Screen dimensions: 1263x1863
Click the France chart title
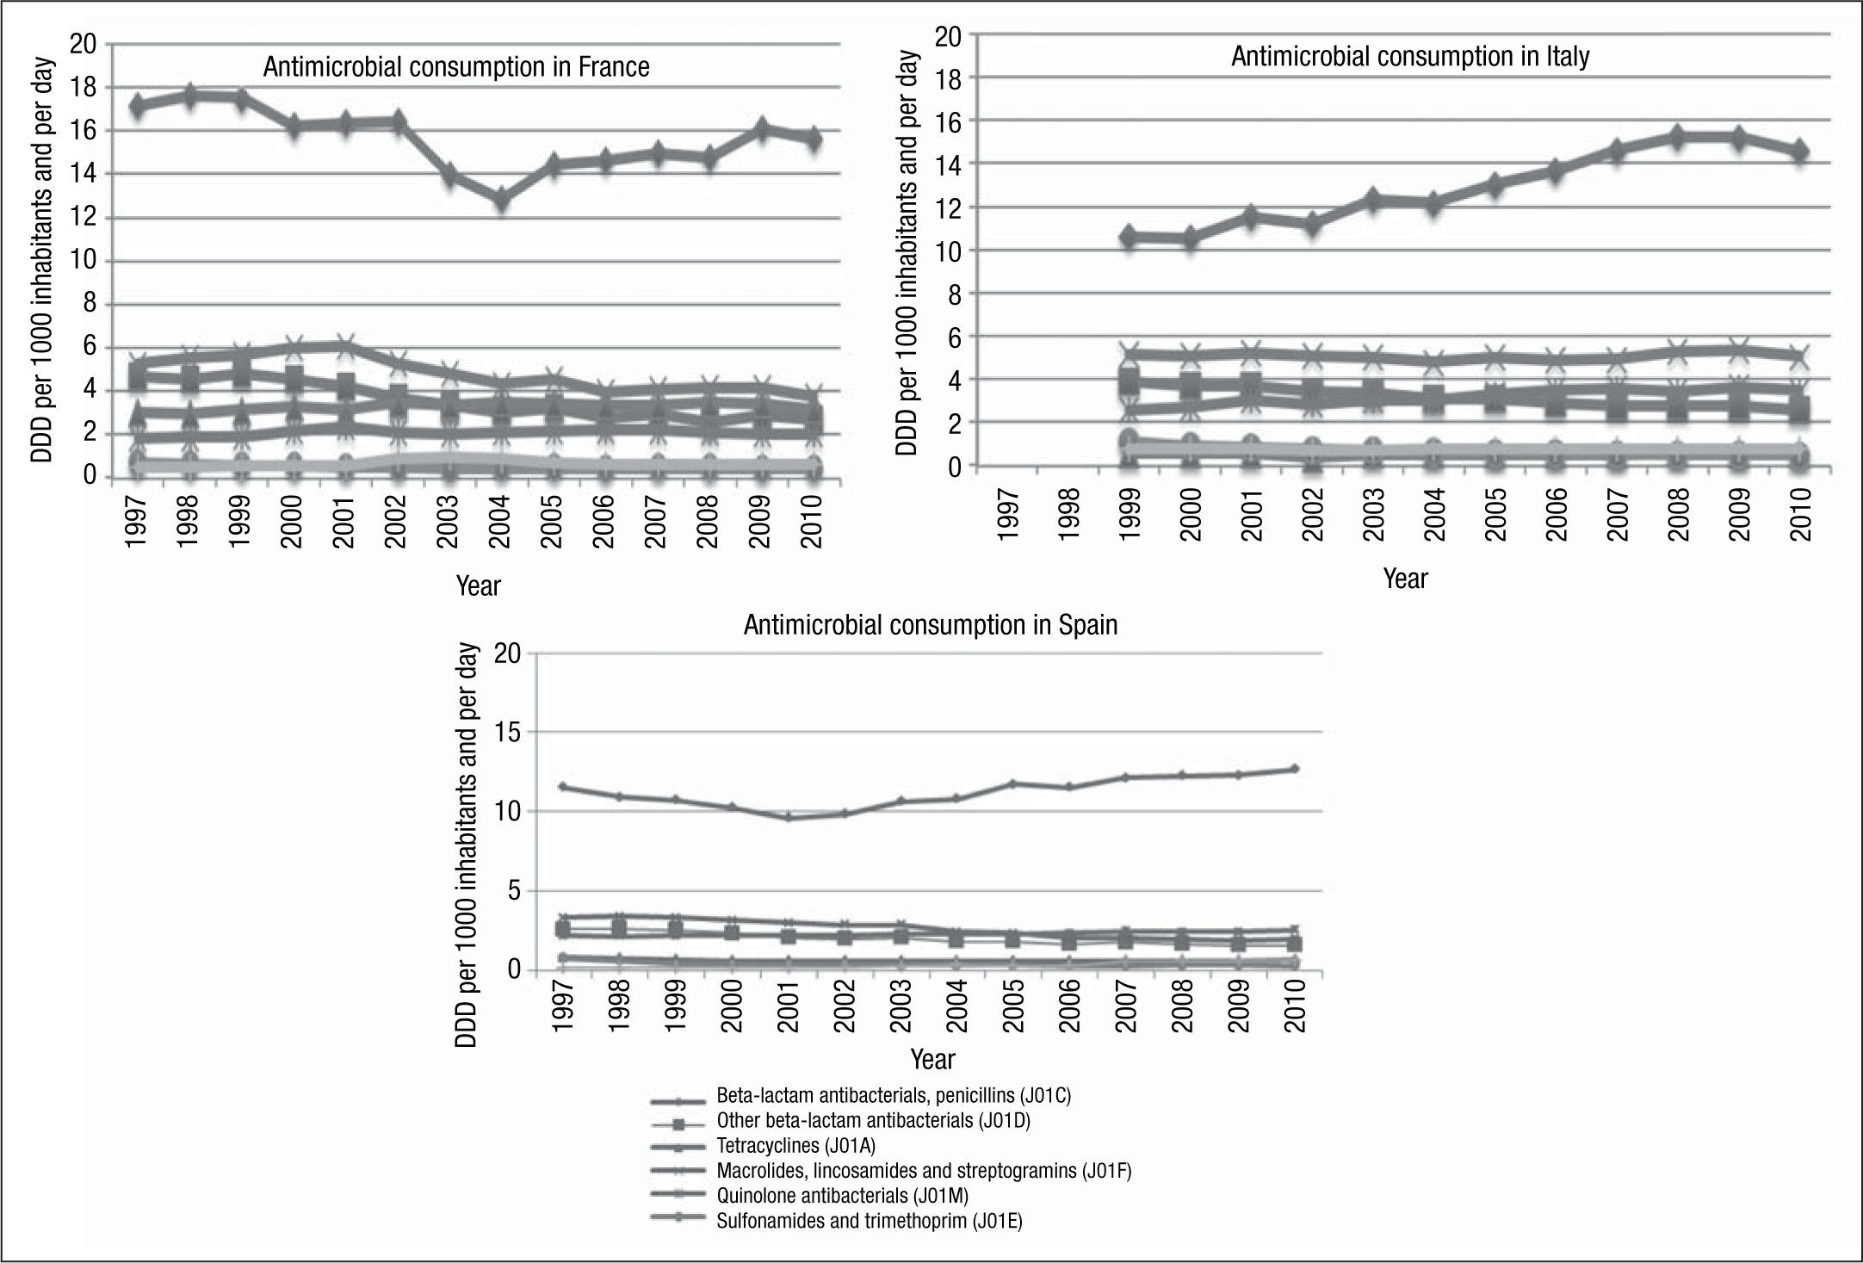pyautogui.click(x=455, y=67)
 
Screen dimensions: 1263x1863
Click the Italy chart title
pyautogui.click(x=1410, y=57)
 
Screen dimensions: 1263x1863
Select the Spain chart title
pyautogui.click(x=930, y=624)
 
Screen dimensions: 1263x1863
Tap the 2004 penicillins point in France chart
pyautogui.click(x=501, y=200)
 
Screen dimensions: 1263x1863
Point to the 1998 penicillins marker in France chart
pyautogui.click(x=190, y=95)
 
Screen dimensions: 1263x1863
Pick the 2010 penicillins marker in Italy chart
pyautogui.click(x=1798, y=151)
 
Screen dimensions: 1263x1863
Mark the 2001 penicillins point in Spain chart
pyautogui.click(x=788, y=817)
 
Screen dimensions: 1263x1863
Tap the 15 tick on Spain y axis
pyautogui.click(x=507, y=733)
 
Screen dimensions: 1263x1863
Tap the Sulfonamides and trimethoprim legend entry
pyautogui.click(x=869, y=1221)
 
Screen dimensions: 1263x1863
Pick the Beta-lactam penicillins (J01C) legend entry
pyautogui.click(x=893, y=1096)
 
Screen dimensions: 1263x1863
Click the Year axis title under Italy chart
pyautogui.click(x=1405, y=579)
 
